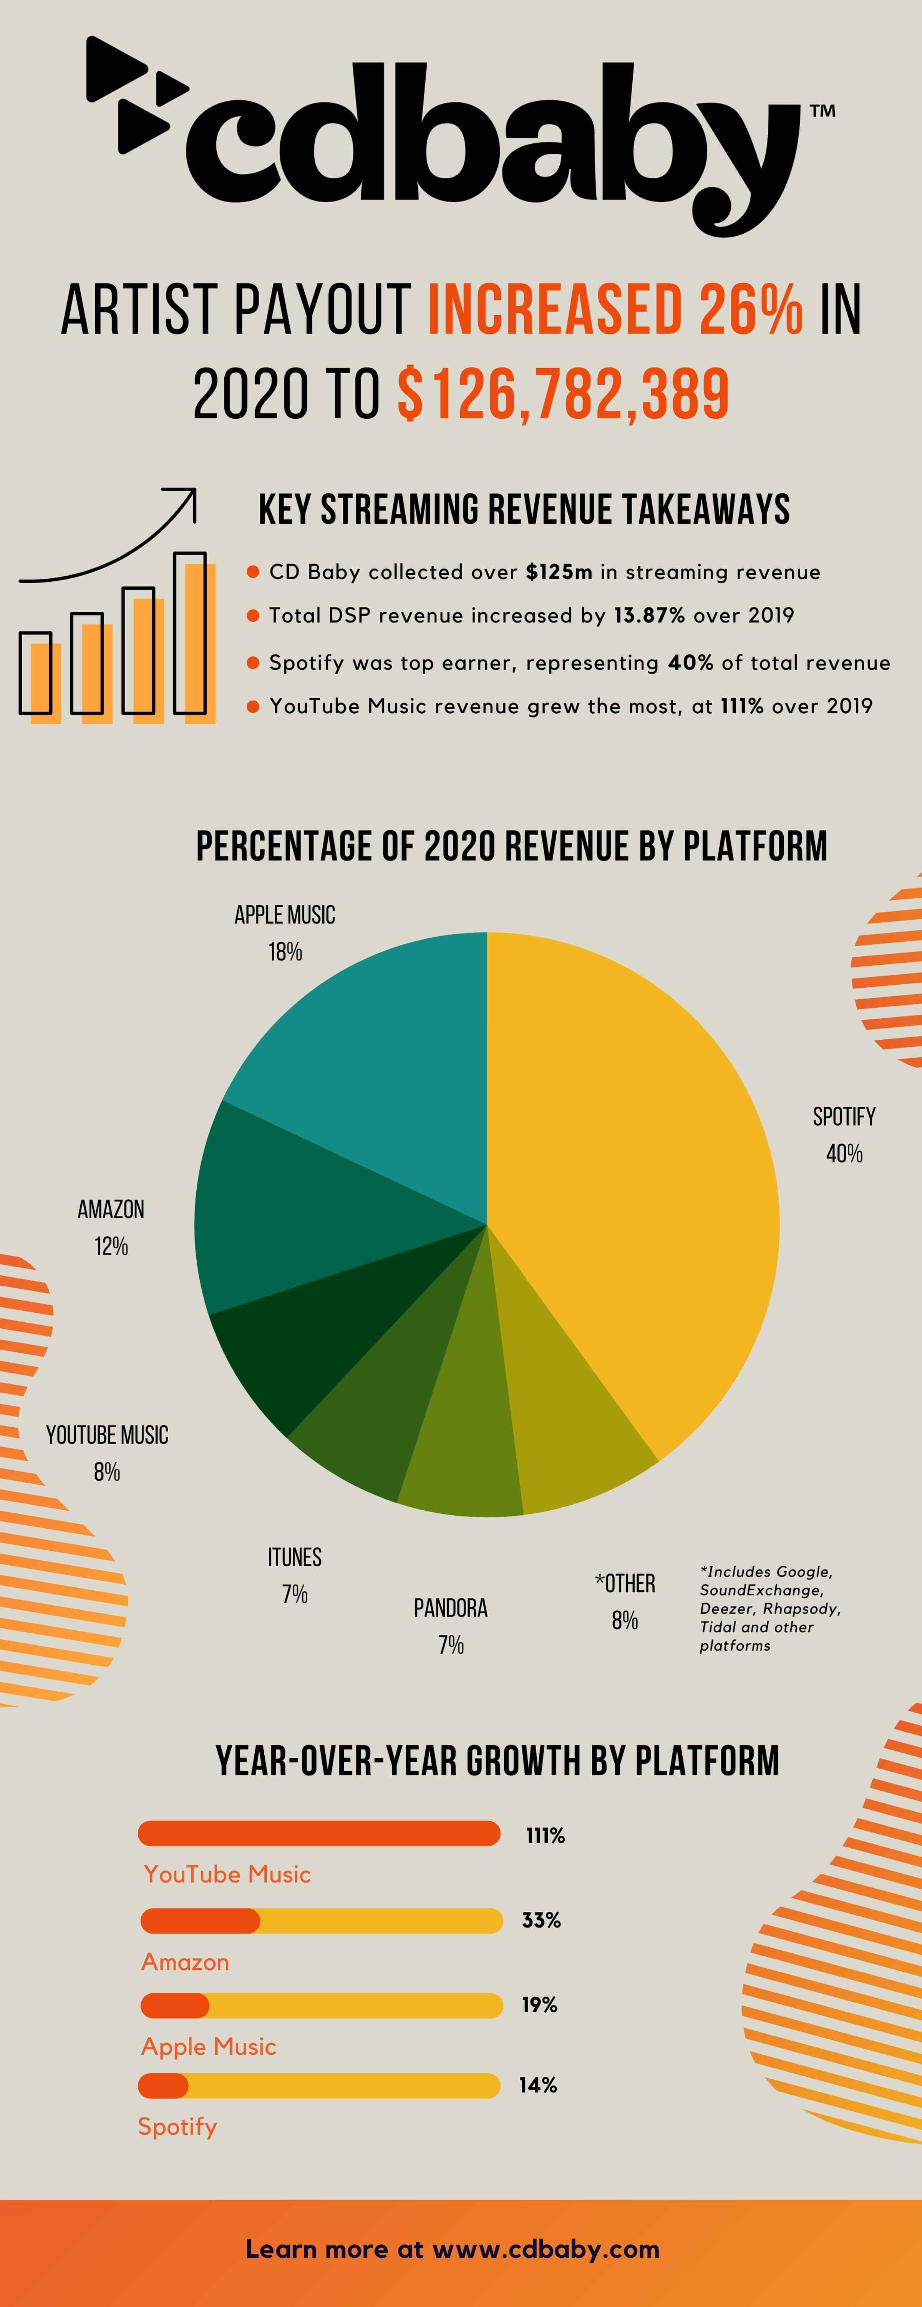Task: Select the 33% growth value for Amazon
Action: pos(541,1920)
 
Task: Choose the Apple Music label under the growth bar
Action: pos(209,2046)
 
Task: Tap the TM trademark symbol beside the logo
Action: pos(823,111)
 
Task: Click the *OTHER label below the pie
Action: pos(625,1583)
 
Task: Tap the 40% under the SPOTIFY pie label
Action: pos(844,1153)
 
